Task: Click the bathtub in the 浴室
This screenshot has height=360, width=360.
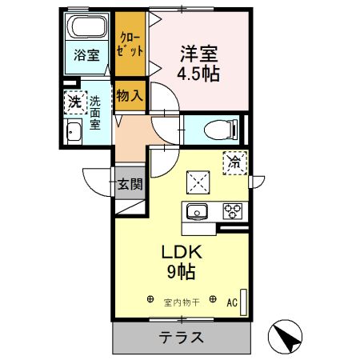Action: point(87,30)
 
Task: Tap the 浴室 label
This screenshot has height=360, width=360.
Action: point(86,55)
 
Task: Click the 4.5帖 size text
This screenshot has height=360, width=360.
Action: point(199,74)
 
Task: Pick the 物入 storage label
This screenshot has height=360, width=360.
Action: point(130,95)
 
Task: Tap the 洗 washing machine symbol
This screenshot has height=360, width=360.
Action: point(74,102)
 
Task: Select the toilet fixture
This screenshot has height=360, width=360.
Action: point(217,128)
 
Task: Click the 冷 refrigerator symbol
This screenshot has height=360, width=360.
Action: point(235,163)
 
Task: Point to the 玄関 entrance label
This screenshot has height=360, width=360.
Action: point(130,184)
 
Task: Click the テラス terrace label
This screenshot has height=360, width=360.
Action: point(182,336)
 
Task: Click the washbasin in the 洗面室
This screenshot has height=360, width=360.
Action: point(74,133)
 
